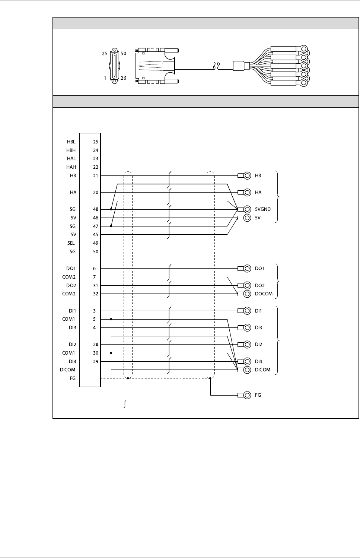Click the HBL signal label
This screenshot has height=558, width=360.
pos(71,142)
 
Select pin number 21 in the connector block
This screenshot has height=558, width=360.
pos(96,175)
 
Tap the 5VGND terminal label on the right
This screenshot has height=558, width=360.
pos(263,209)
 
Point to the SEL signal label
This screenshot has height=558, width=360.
pos(71,243)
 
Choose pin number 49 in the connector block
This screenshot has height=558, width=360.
pos(96,243)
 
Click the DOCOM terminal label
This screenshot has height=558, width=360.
pos(264,294)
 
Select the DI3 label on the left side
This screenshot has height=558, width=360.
pos(72,327)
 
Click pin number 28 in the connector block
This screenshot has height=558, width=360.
pos(96,344)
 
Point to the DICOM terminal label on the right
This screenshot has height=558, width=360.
pos(262,370)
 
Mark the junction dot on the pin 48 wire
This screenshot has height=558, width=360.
pos(111,209)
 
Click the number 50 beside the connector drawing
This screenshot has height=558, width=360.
pos(124,54)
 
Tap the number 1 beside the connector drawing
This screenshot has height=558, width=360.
pos(105,78)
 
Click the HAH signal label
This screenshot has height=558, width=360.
pos(71,167)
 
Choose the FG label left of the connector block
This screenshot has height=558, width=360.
pos(73,378)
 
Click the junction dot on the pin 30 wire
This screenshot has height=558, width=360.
pos(111,353)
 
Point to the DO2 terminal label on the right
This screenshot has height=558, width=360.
pos(260,285)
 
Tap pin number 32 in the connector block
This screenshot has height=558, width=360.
pos(96,294)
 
